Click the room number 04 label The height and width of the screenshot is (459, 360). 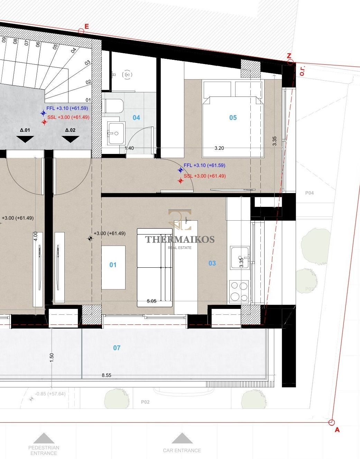pyautogui.click(x=136, y=118)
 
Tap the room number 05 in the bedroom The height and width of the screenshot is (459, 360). pyautogui.click(x=233, y=118)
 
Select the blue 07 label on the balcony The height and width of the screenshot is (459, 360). pyautogui.click(x=117, y=348)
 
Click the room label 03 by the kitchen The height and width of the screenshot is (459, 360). pyautogui.click(x=212, y=263)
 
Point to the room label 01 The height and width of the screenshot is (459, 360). pyautogui.click(x=113, y=265)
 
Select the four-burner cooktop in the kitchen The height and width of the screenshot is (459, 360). pyautogui.click(x=239, y=292)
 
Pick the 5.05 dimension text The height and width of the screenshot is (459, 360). pyautogui.click(x=151, y=301)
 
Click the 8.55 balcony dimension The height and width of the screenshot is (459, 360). pyautogui.click(x=107, y=375)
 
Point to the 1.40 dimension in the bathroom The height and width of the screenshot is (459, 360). pyautogui.click(x=129, y=148)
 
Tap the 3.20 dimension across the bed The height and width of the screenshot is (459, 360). pyautogui.click(x=219, y=148)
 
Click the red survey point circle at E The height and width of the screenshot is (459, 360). pyautogui.click(x=81, y=31)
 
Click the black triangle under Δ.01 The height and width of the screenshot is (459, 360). pyautogui.click(x=25, y=139)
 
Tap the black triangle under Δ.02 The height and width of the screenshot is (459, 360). pyautogui.click(x=71, y=139)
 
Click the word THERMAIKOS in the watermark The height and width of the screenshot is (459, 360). pyautogui.click(x=180, y=239)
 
